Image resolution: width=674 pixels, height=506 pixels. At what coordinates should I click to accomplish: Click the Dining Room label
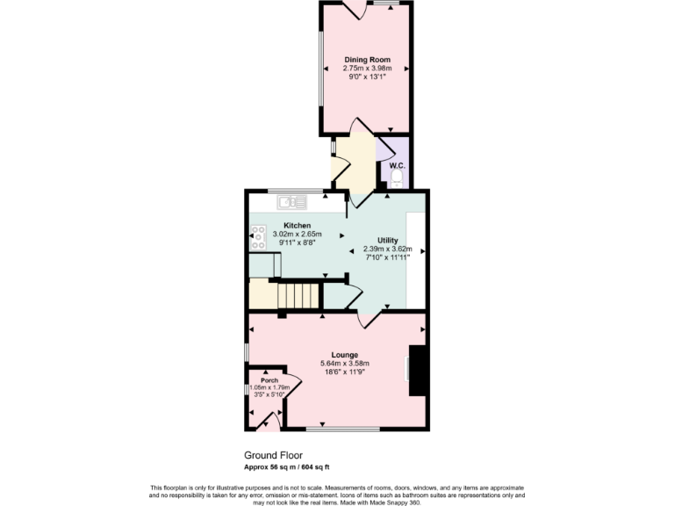(x=367, y=60)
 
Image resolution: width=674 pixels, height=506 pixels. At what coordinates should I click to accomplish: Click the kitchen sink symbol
(x=290, y=203)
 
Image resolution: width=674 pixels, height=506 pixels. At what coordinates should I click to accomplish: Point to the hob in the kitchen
(x=258, y=234)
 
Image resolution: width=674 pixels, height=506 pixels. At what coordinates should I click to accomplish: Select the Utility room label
(x=387, y=240)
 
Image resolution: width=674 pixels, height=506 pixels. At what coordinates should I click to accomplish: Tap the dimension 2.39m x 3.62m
(x=387, y=249)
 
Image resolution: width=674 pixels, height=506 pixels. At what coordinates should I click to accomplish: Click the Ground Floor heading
(x=272, y=455)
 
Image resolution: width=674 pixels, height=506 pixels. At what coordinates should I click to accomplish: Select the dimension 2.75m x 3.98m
(x=367, y=69)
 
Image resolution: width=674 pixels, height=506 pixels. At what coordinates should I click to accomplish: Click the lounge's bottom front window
(x=343, y=430)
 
